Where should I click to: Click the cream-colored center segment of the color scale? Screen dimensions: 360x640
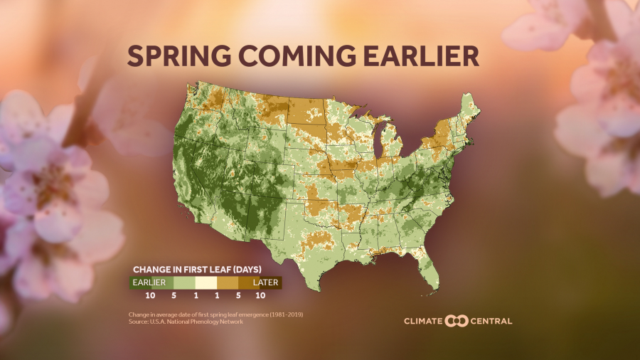click(x=206, y=282)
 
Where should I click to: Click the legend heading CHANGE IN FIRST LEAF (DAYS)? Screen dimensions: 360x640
click(x=198, y=270)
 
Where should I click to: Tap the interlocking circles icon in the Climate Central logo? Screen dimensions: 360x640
click(x=457, y=321)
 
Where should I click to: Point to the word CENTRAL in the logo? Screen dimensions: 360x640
click(x=491, y=321)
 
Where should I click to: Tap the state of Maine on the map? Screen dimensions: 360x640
click(x=469, y=110)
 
